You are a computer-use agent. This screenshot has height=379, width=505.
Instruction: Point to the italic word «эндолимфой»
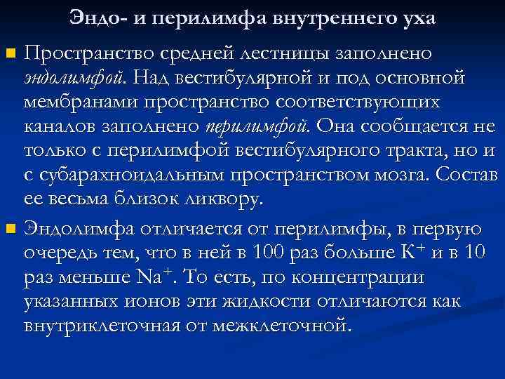point(72,77)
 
